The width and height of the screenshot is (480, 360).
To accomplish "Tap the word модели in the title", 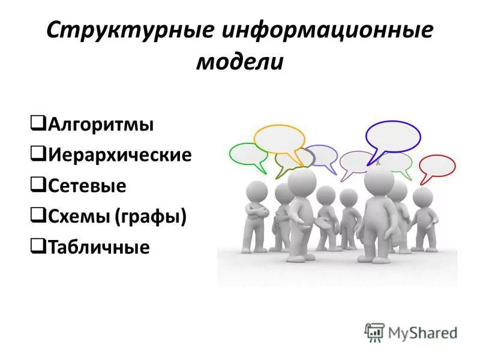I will pos(239,62).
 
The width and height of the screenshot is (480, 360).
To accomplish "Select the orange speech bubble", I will pos(279,139).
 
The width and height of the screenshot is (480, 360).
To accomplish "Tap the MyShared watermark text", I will pos(422,332).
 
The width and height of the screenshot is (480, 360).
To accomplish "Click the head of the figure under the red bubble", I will pos(422,197).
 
